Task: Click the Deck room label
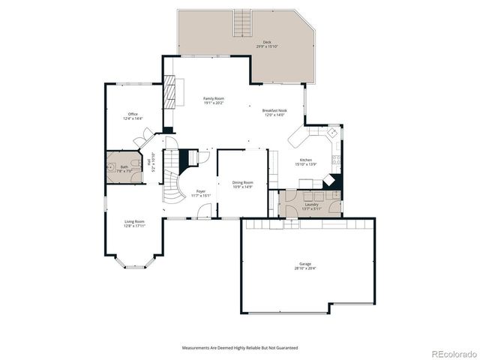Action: (266, 44)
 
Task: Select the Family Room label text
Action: (214, 100)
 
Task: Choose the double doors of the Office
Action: (140, 140)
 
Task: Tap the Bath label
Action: (124, 168)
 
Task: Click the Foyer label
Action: (202, 193)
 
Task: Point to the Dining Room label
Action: (242, 184)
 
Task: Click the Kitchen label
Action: (306, 162)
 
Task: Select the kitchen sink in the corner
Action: (330, 130)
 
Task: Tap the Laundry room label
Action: (310, 205)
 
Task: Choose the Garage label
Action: (305, 266)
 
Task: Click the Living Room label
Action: (134, 223)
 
